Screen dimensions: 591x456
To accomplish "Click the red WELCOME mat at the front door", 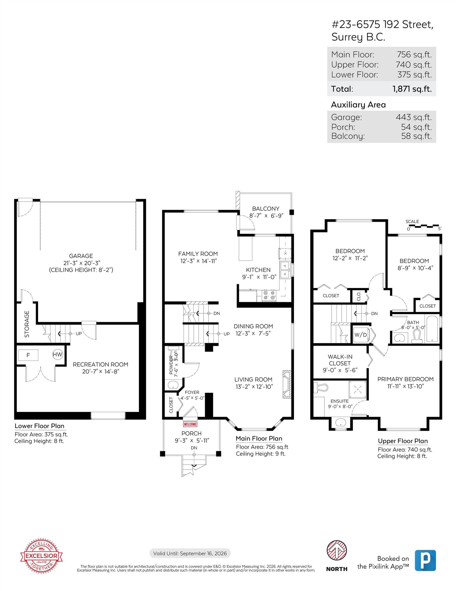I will pos(190,424).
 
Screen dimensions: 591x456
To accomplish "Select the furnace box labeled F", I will pos(28,355).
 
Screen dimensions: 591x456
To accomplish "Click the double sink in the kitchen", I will pos(285,270).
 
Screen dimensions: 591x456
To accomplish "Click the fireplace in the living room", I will pos(286,384).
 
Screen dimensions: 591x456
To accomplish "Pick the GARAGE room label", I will pos(81,256).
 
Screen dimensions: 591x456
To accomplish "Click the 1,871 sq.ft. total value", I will pos(412,89).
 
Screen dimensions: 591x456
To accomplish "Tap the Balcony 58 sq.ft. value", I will pos(416,136).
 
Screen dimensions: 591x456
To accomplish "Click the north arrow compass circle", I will pos(337,551).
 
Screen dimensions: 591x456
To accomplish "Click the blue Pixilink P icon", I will pos(425,560).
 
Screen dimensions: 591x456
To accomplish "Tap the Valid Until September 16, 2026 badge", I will pos(190,553).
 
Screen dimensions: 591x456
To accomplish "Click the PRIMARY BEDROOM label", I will pos(405,379).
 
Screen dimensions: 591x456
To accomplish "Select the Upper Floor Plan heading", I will pos(403,441).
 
